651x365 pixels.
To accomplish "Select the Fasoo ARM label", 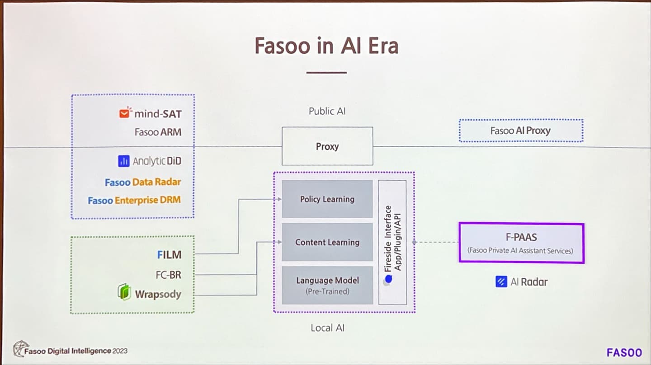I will (x=158, y=132).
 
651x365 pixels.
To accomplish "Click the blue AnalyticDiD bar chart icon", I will (x=124, y=161).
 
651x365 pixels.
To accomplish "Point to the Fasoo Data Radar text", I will (x=143, y=182).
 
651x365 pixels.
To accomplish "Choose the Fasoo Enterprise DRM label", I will (x=134, y=200).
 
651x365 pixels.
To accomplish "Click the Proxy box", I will (x=327, y=146).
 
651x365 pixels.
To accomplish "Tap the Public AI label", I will (x=327, y=111).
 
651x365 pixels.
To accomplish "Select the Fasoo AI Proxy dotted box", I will (x=521, y=131).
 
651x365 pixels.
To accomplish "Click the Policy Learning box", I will (x=327, y=199).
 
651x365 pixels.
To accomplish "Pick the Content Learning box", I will (x=327, y=242).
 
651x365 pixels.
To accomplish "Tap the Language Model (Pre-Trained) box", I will (x=327, y=285).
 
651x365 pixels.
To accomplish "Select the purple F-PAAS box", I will (x=521, y=243).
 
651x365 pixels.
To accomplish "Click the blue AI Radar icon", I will (x=501, y=282).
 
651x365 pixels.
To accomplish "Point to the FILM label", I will (x=170, y=255).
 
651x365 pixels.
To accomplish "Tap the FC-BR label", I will (x=169, y=275).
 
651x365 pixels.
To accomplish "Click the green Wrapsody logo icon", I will (x=124, y=292).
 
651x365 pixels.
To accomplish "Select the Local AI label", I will (x=327, y=328).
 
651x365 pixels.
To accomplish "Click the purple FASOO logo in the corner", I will (x=624, y=352).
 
